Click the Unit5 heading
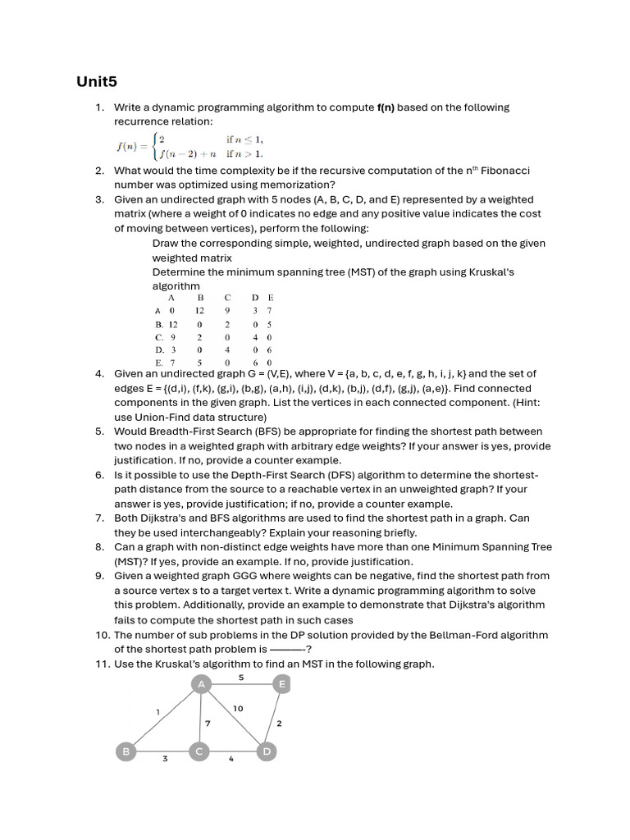[98, 81]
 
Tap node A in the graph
[201, 684]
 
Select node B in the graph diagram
[126, 751]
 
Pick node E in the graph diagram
[281, 684]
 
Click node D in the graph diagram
[265, 751]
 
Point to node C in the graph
[199, 751]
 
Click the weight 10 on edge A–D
[238, 708]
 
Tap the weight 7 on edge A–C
[208, 724]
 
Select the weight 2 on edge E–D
[279, 723]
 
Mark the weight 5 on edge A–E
[240, 678]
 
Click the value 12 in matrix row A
[199, 311]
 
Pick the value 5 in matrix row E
[199, 362]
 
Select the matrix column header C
[227, 297]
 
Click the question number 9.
[99, 576]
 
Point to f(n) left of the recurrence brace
[131, 146]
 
